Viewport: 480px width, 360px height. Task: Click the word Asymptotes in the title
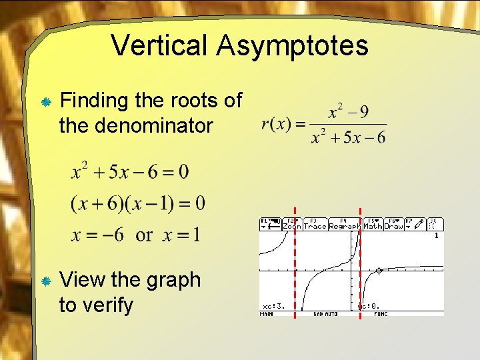pyautogui.click(x=291, y=45)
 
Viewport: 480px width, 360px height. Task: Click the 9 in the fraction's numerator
pyautogui.click(x=363, y=111)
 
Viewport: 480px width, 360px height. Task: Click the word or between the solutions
pyautogui.click(x=144, y=235)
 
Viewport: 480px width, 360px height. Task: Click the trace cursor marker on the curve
pyautogui.click(x=379, y=271)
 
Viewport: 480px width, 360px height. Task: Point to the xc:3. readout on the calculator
pyautogui.click(x=274, y=306)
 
